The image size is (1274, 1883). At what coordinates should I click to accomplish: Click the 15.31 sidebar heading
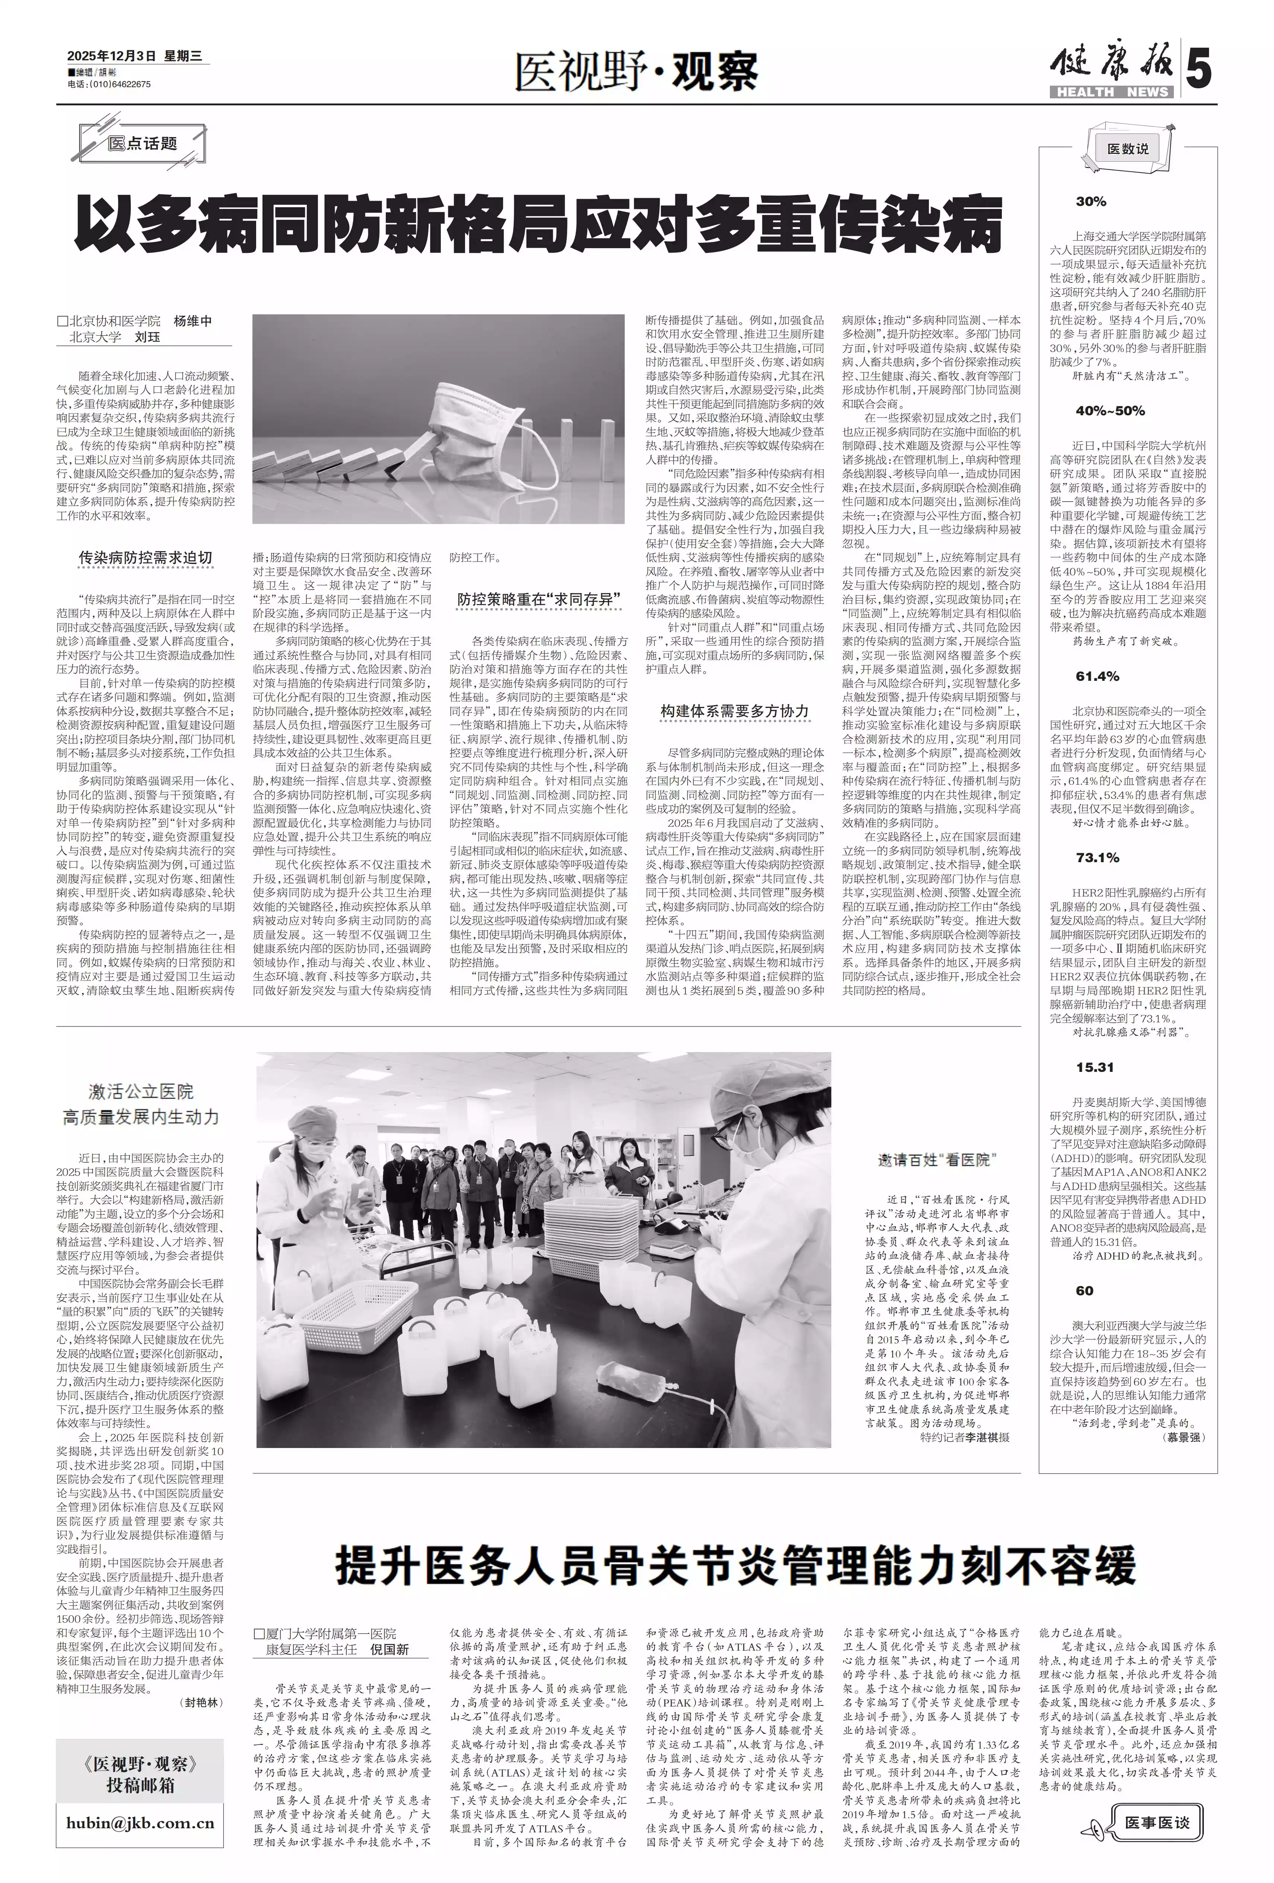[1095, 1067]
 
